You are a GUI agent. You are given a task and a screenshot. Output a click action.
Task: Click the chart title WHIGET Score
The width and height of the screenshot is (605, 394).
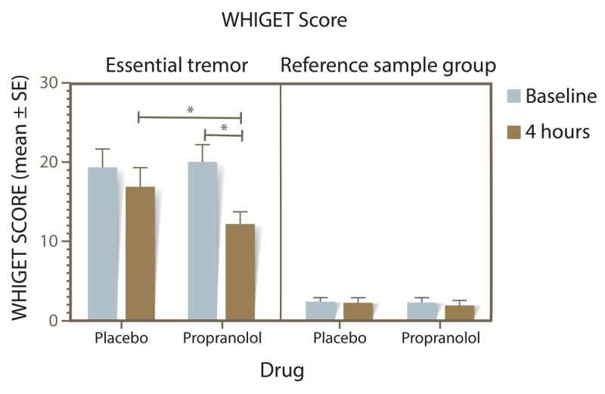284,20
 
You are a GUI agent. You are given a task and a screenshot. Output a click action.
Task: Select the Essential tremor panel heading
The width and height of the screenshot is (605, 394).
177,65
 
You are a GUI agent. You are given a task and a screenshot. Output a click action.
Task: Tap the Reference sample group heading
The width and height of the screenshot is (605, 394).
388,65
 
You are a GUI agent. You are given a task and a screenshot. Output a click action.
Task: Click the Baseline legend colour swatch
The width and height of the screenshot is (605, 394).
513,96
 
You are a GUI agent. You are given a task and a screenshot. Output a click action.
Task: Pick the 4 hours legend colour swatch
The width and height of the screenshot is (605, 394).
513,132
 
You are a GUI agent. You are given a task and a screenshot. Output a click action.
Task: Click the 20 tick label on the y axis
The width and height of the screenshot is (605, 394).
48,162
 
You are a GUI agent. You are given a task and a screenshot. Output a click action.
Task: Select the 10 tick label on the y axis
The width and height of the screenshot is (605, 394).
49,241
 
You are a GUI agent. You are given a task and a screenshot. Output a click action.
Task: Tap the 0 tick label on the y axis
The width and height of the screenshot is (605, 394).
53,321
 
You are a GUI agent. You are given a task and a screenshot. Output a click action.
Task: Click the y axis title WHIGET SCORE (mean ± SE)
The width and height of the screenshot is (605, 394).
20,198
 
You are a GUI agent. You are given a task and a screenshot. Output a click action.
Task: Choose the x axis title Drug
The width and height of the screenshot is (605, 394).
282,370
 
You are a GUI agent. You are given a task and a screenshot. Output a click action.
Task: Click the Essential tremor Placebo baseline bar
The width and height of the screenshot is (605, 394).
103,244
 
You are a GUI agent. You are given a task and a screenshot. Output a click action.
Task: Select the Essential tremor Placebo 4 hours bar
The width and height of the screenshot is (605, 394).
141,253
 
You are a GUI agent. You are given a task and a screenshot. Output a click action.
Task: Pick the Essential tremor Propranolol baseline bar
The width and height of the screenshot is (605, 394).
203,240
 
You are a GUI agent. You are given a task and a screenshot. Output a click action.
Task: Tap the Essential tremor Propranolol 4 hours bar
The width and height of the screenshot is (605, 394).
240,272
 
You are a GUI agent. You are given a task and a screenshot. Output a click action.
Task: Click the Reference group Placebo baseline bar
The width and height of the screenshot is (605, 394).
321,311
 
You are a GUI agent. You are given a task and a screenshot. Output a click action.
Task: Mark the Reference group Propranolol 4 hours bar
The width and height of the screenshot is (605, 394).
460,312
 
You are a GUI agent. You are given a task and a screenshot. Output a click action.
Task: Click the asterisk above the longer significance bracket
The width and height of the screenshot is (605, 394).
191,110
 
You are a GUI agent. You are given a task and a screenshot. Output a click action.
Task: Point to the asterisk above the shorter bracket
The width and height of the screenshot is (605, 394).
224,128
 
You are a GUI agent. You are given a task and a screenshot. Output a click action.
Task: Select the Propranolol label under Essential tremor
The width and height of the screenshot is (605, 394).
222,339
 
